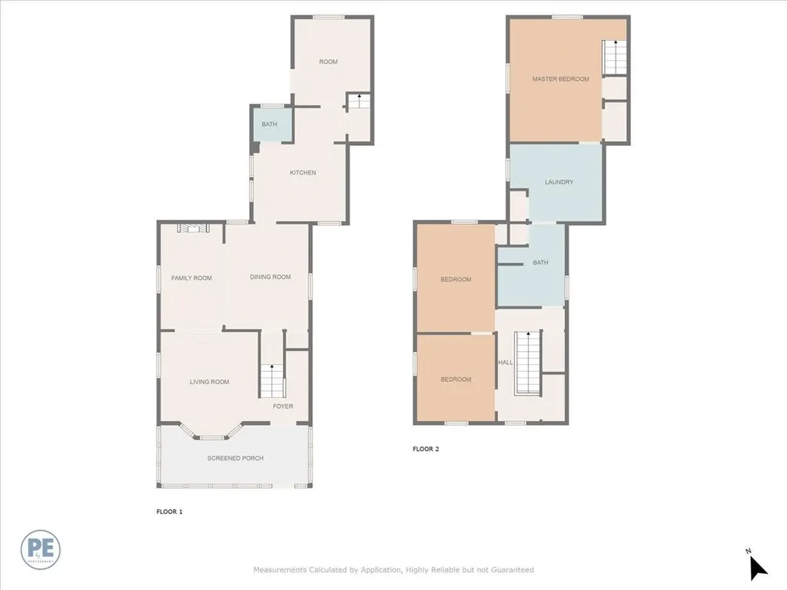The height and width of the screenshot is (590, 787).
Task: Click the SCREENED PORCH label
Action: [235, 458]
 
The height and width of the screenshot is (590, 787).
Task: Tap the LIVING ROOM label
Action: [210, 382]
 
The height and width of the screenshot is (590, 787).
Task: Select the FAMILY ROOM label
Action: [191, 278]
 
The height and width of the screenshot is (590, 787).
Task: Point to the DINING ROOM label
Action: [270, 277]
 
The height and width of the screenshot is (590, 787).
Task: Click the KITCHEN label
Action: [303, 173]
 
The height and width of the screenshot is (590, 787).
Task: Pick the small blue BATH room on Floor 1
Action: [270, 124]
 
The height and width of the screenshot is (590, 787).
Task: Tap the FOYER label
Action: [283, 406]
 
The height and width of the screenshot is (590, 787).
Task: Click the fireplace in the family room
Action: [191, 227]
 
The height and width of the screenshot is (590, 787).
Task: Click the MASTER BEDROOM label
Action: [560, 79]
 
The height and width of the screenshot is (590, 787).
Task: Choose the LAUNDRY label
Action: [559, 182]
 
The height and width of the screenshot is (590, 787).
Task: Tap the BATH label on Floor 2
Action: [541, 263]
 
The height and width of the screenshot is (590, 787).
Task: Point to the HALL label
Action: [505, 362]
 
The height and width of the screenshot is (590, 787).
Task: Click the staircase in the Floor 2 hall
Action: [527, 361]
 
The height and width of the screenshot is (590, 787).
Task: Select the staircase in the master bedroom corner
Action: [613, 58]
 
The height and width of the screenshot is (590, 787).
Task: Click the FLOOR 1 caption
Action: [169, 511]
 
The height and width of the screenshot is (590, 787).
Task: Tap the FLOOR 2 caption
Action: [426, 449]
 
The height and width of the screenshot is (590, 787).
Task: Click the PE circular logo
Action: [41, 549]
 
